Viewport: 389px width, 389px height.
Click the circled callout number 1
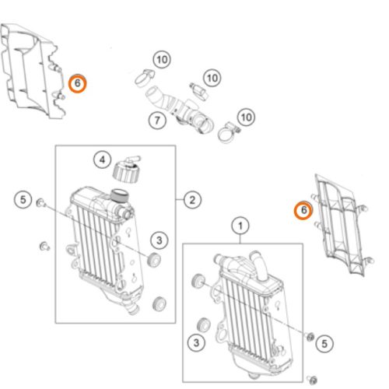pyautogui.click(x=240, y=226)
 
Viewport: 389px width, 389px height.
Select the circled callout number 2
pyautogui.click(x=192, y=200)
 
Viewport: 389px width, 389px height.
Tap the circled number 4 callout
pyautogui.click(x=103, y=159)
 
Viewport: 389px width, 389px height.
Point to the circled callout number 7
pyautogui.click(x=157, y=121)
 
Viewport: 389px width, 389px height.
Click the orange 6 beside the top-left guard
pyautogui.click(x=77, y=83)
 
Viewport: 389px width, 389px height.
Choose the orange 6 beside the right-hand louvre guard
pyautogui.click(x=303, y=210)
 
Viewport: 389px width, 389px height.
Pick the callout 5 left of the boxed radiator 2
pyautogui.click(x=23, y=200)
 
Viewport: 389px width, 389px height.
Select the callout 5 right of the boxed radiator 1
pyautogui.click(x=324, y=344)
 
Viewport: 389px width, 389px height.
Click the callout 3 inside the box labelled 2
pyautogui.click(x=159, y=240)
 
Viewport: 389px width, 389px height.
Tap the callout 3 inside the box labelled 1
pyautogui.click(x=196, y=343)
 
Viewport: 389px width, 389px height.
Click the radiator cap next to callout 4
pyautogui.click(x=127, y=169)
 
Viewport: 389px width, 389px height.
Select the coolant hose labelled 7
pyautogui.click(x=180, y=110)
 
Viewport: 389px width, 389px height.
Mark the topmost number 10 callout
pyautogui.click(x=162, y=60)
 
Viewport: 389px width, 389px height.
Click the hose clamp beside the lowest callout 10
pyautogui.click(x=228, y=132)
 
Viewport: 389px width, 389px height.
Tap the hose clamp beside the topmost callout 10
pyautogui.click(x=145, y=77)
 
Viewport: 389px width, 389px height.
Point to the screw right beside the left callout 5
pyautogui.click(x=41, y=202)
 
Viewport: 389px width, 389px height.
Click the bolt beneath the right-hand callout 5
pyautogui.click(x=312, y=380)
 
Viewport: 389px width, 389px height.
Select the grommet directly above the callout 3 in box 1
pyautogui.click(x=198, y=281)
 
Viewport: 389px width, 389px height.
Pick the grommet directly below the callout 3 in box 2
pyautogui.click(x=159, y=303)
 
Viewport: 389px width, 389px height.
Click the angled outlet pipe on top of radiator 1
pyautogui.click(x=258, y=265)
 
